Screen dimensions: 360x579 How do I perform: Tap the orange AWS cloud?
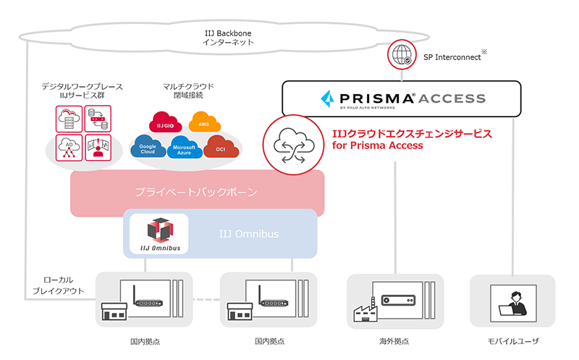[x=203, y=125]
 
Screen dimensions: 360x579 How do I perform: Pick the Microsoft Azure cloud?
[x=184, y=150]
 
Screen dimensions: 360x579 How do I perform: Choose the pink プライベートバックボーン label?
[x=196, y=193]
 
